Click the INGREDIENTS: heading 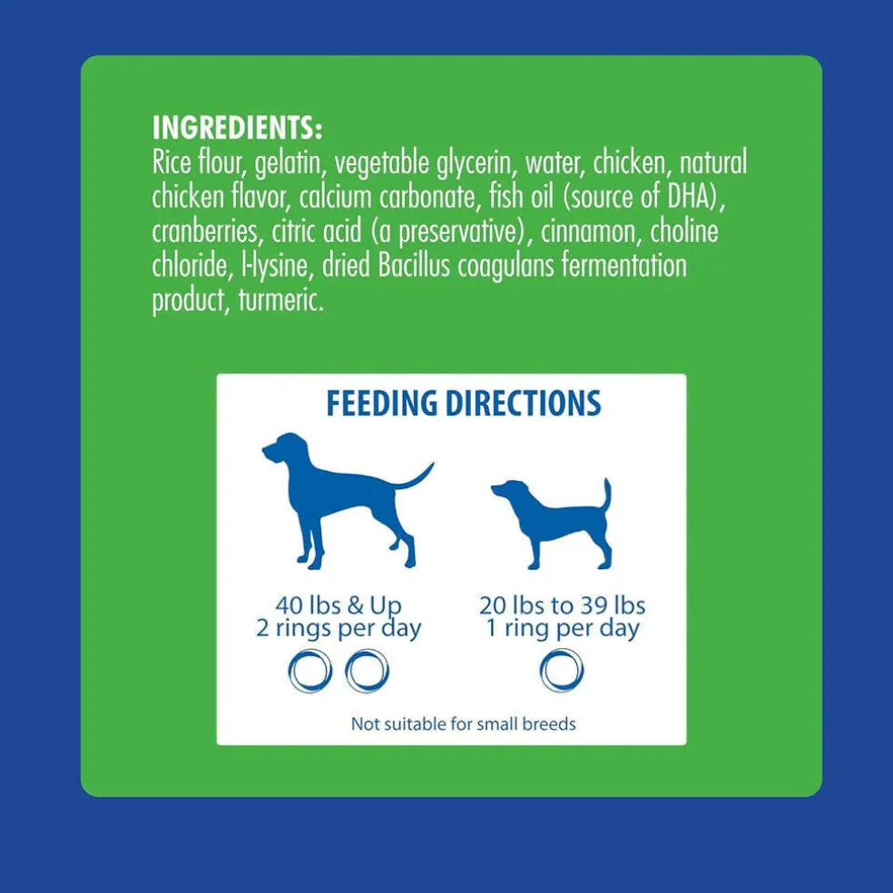[237, 128]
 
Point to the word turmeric [281, 299]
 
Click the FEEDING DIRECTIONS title [464, 403]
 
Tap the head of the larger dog [284, 449]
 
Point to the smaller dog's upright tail [606, 495]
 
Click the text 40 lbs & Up [339, 605]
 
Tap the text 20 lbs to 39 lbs [562, 605]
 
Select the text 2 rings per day [339, 629]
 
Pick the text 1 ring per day [563, 629]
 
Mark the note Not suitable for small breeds [463, 724]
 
